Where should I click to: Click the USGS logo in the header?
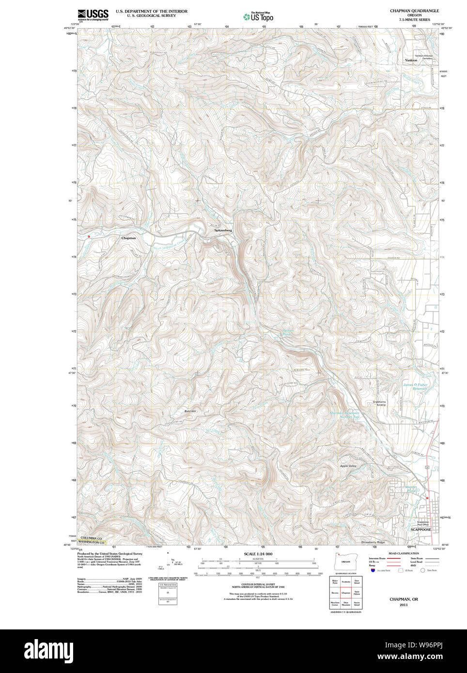click(93, 15)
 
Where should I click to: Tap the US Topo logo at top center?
click(258, 17)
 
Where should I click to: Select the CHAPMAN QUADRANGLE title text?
click(414, 11)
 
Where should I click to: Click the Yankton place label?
click(411, 60)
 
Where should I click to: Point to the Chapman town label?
click(128, 238)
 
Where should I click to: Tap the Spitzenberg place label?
click(223, 230)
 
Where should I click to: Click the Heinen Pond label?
click(288, 333)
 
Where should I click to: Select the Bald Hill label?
click(189, 411)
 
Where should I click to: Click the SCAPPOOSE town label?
click(420, 530)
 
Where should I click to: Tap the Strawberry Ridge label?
click(373, 542)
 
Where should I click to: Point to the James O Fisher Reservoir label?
click(415, 386)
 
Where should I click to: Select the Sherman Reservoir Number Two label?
click(344, 414)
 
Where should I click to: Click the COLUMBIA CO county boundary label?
click(91, 538)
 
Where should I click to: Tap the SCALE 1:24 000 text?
click(258, 554)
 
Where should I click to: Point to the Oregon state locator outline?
click(345, 561)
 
